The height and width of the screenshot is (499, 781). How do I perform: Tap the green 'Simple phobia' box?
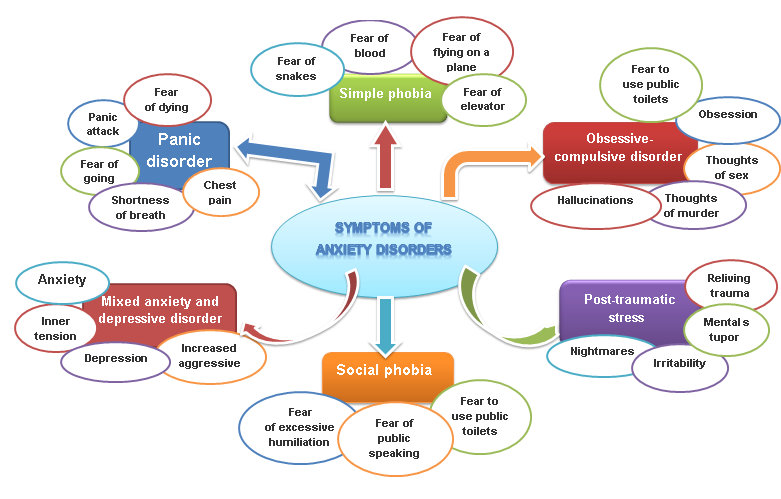385,96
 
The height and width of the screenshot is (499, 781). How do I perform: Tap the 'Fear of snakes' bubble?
296,69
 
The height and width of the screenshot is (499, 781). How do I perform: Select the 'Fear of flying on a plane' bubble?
462,52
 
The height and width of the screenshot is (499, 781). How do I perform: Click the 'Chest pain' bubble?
220,192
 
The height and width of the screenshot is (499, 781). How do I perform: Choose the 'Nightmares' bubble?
602,352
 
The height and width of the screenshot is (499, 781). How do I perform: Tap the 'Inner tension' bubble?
56,329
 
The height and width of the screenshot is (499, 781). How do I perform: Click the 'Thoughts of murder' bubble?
691,206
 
